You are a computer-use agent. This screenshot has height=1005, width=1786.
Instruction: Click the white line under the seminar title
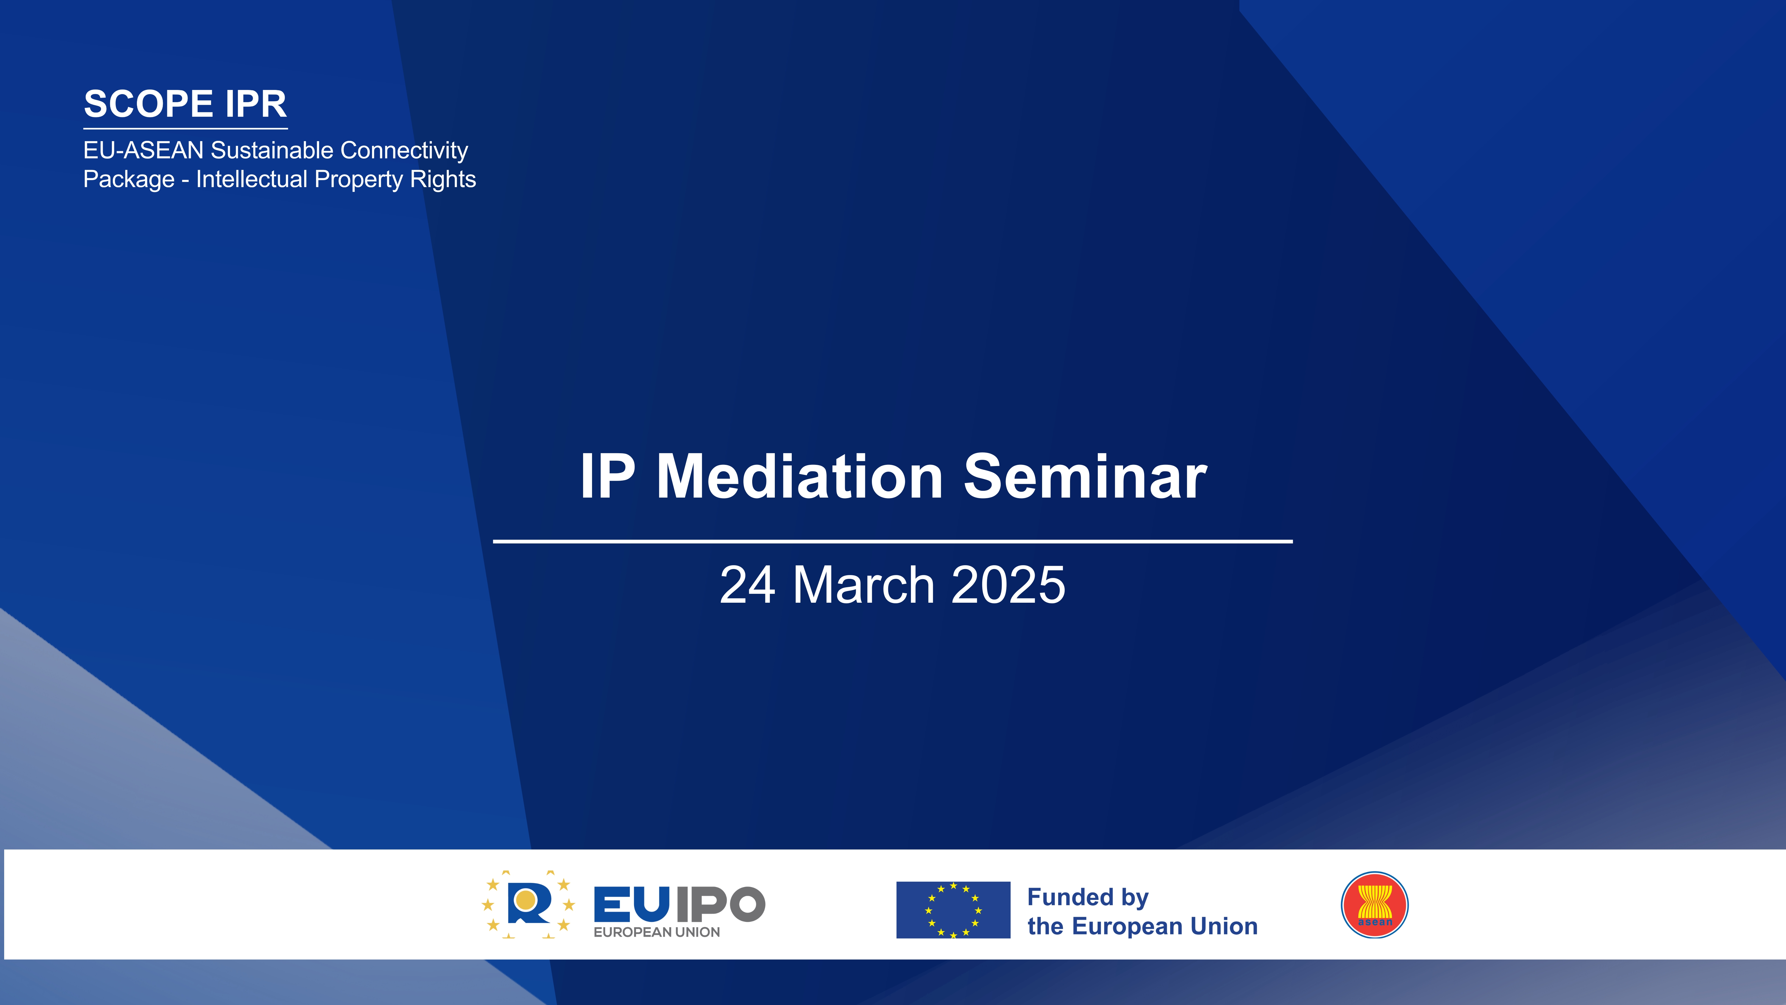click(x=893, y=541)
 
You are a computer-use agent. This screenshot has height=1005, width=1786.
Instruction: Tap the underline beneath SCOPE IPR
click(x=186, y=128)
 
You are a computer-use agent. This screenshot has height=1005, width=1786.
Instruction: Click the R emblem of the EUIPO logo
click(x=528, y=904)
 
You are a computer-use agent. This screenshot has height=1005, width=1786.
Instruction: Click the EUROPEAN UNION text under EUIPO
click(x=657, y=932)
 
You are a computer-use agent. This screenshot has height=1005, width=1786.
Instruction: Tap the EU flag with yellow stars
click(x=953, y=910)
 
